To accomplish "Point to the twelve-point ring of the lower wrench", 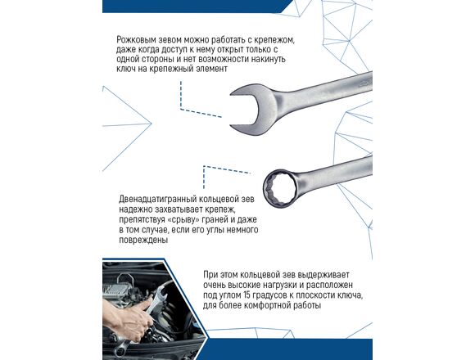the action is [x=278, y=189].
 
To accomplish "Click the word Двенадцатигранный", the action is [x=157, y=200].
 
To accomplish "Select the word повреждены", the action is [x=143, y=241].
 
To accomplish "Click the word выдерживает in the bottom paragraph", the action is [x=323, y=275].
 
